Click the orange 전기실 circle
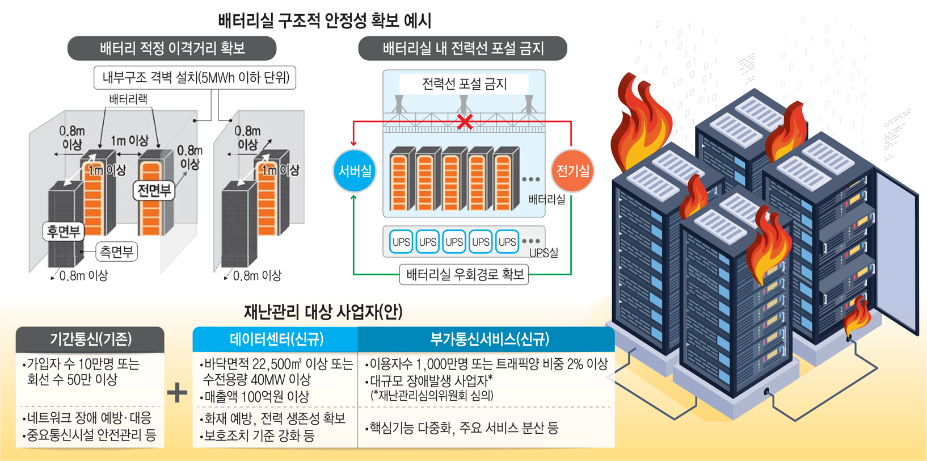click(x=572, y=170)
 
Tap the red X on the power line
click(x=465, y=121)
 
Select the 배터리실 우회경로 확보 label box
click(x=464, y=275)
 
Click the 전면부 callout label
click(x=154, y=190)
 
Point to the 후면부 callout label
click(x=64, y=231)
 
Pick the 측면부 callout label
click(x=116, y=252)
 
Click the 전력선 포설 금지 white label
click(x=464, y=84)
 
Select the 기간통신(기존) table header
click(x=90, y=340)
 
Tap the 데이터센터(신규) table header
click(x=276, y=340)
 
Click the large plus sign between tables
click(x=178, y=392)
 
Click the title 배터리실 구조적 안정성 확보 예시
click(x=325, y=21)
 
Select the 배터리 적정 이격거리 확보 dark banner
click(x=172, y=48)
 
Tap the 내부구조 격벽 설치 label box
click(x=195, y=78)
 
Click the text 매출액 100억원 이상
click(x=256, y=396)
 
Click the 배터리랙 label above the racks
click(x=128, y=99)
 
